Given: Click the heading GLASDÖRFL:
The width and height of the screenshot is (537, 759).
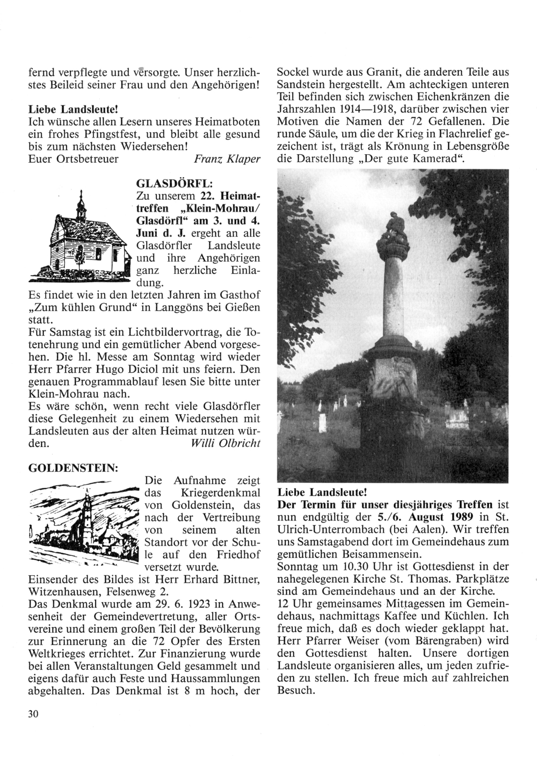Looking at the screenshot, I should pyautogui.click(x=168, y=184).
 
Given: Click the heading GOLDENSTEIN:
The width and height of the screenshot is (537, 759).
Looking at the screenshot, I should pyautogui.click(x=73, y=467).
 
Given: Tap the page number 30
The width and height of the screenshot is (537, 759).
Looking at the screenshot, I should pyautogui.click(x=33, y=714).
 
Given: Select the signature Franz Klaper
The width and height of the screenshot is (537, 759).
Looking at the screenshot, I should pyautogui.click(x=227, y=159).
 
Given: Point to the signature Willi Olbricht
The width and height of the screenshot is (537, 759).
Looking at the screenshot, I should pyautogui.click(x=226, y=444).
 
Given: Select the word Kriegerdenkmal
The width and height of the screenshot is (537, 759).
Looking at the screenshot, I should pyautogui.click(x=215, y=493).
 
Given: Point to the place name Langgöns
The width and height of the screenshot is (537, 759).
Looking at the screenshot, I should pyautogui.click(x=181, y=308).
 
